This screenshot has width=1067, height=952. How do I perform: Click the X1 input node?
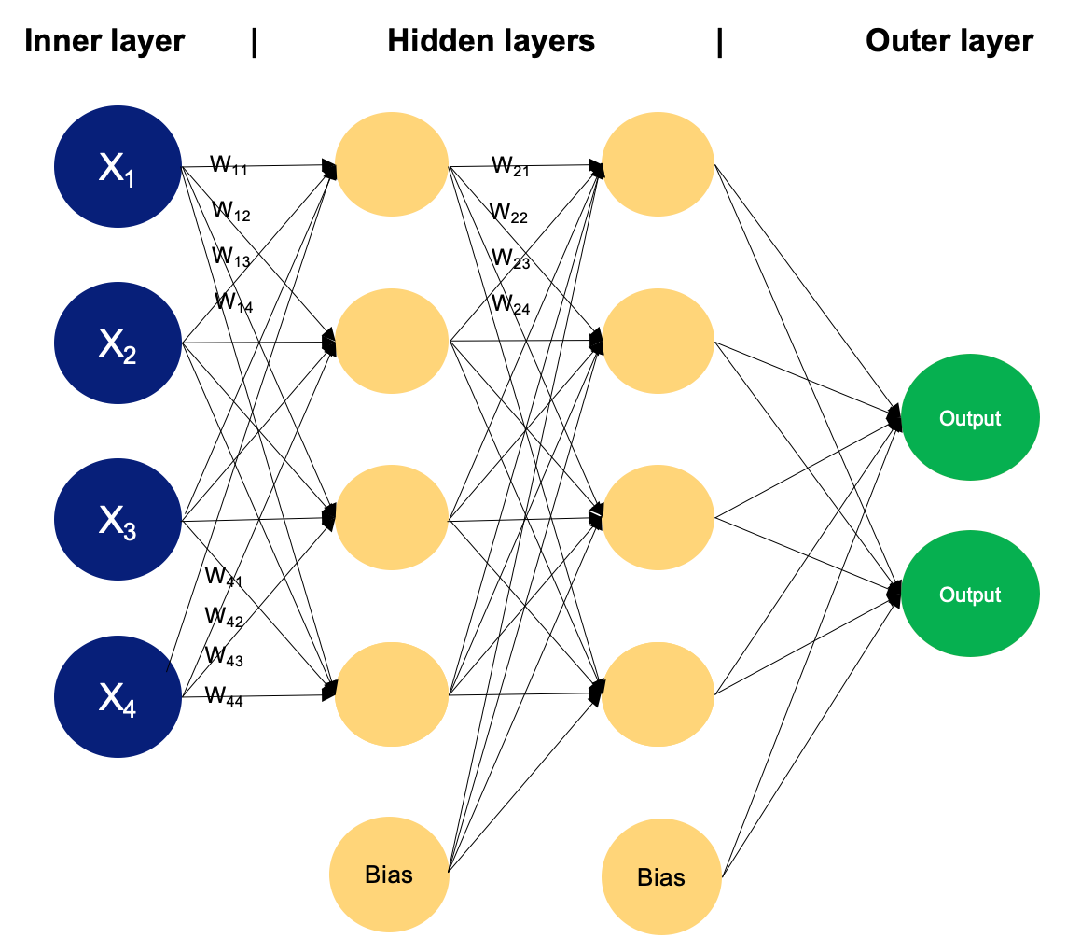click(118, 167)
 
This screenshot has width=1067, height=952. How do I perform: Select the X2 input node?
click(118, 343)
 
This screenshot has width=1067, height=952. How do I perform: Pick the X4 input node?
click(118, 696)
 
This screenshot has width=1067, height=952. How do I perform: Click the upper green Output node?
click(970, 418)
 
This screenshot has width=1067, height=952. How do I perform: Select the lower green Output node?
click(970, 595)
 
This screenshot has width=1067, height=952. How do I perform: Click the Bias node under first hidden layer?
click(389, 875)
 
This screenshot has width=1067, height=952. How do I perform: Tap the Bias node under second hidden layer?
click(661, 877)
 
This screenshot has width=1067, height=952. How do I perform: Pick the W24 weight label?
click(510, 303)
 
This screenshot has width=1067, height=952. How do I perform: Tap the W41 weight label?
click(223, 577)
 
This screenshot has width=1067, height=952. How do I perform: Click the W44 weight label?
click(224, 695)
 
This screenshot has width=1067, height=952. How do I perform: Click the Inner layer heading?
click(104, 42)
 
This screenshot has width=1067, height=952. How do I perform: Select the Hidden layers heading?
click(491, 42)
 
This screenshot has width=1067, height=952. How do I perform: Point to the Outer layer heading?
click(949, 42)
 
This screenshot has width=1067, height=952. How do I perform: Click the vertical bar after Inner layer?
click(254, 43)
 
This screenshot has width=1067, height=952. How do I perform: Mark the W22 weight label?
click(508, 213)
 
